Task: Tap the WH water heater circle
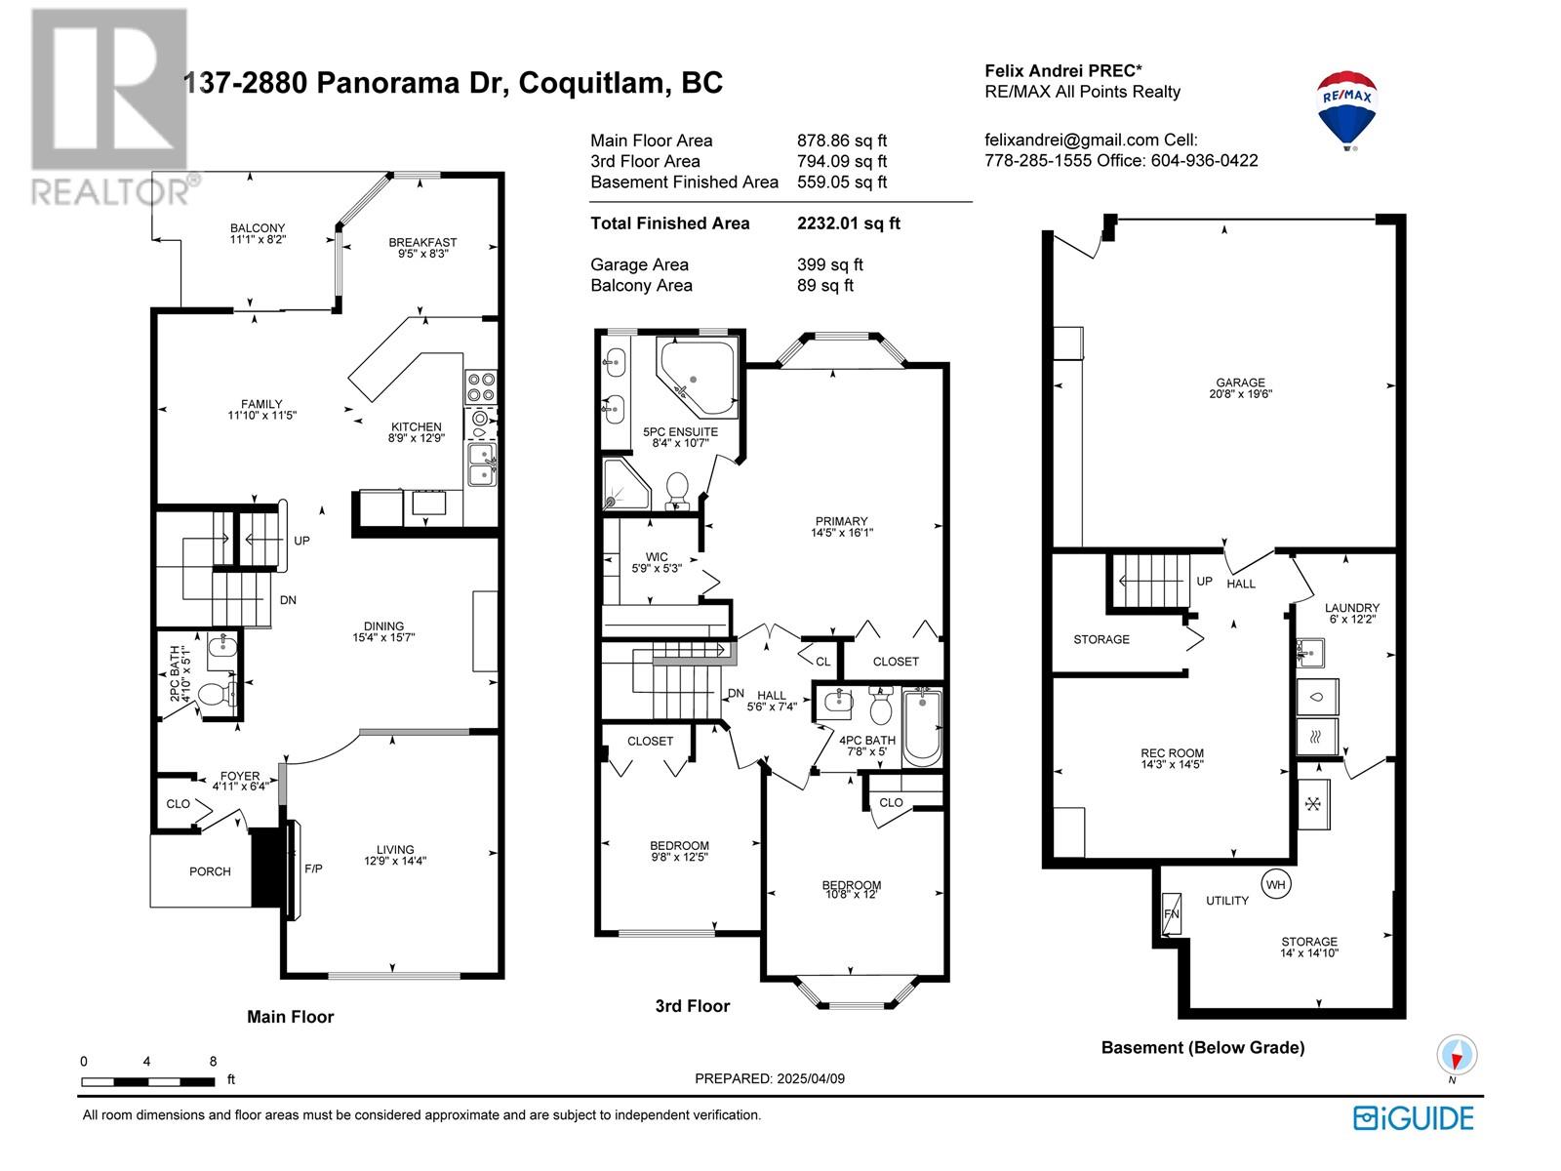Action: (1275, 884)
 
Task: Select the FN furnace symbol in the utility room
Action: (1171, 914)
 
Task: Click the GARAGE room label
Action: (1240, 382)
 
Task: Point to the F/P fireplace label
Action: (313, 868)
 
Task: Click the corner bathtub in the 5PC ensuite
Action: (697, 378)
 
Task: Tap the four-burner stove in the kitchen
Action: (481, 387)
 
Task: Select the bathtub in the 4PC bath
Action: (922, 728)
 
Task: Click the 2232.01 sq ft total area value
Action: (849, 223)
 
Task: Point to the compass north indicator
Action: (1457, 1055)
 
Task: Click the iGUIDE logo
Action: (1413, 1118)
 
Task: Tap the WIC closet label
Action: (657, 556)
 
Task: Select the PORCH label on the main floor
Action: (210, 871)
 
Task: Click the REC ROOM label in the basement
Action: (1172, 753)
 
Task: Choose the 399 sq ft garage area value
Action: (830, 264)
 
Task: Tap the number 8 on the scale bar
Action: (213, 1062)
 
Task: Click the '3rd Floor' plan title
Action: (693, 1006)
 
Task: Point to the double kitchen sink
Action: (481, 464)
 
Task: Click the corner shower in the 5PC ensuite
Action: (625, 483)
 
